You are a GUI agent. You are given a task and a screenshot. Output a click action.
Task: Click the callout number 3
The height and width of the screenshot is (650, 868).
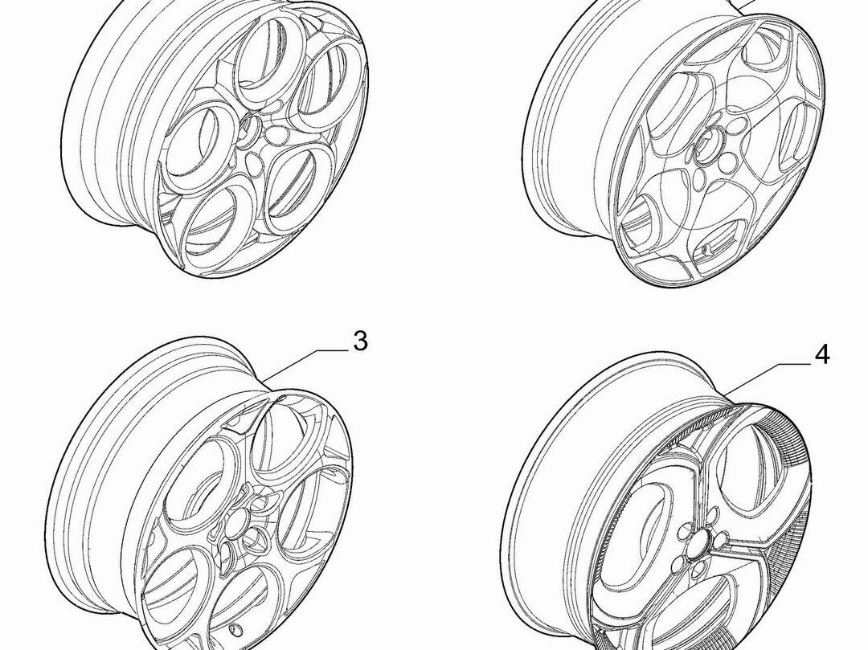click(360, 341)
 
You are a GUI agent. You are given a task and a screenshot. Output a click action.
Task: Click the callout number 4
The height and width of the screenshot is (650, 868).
click(823, 354)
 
